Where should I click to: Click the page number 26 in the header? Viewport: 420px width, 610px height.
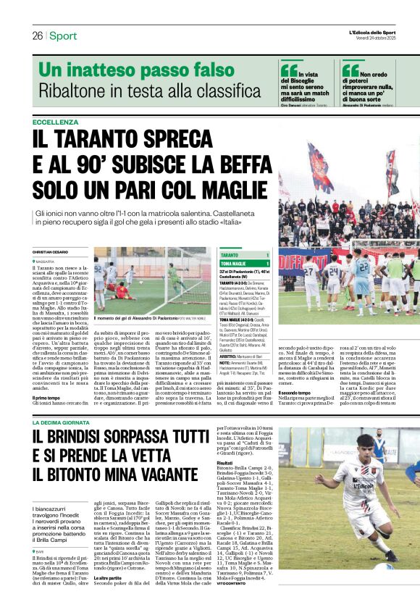coord(37,35)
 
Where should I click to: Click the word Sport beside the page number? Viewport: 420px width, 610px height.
coord(63,35)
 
